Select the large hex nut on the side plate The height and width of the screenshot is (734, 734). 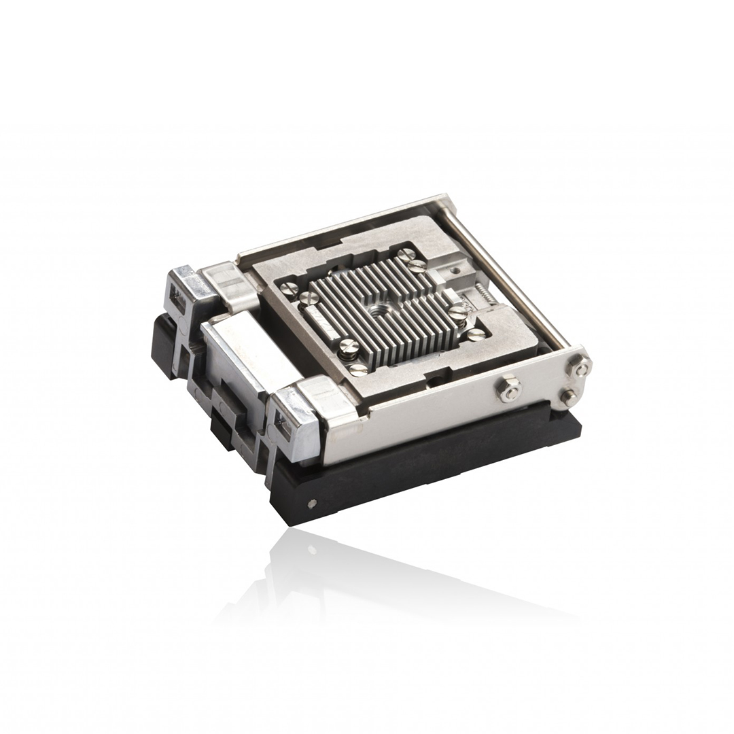pyautogui.click(x=509, y=389)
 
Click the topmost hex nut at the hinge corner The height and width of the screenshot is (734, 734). pyautogui.click(x=582, y=368)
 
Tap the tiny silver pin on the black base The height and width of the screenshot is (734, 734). pyautogui.click(x=312, y=504)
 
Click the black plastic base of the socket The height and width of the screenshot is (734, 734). pyautogui.click(x=421, y=469)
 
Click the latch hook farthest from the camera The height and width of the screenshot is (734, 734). pyautogui.click(x=183, y=292)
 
